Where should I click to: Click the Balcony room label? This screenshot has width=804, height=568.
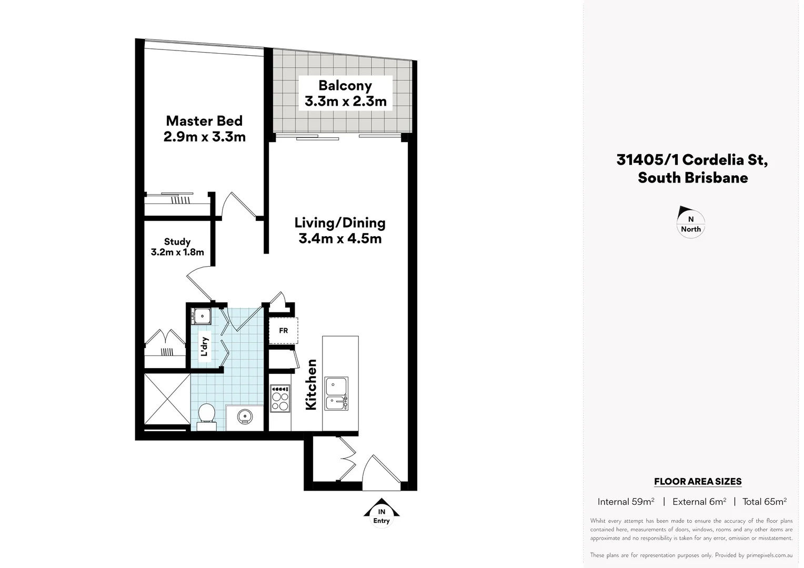(x=345, y=85)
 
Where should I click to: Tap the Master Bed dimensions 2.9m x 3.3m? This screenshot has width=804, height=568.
(x=204, y=137)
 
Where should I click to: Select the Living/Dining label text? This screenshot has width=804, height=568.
(x=340, y=223)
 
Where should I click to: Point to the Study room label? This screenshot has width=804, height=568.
(x=177, y=242)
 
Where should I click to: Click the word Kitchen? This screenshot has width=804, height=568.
(x=311, y=384)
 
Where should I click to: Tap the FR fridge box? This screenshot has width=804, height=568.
(x=283, y=331)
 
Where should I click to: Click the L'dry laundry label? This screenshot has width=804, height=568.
(x=205, y=347)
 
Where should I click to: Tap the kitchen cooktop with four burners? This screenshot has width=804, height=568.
(x=279, y=399)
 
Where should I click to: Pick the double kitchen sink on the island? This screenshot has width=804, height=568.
(x=336, y=393)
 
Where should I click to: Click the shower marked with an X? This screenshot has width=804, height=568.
(x=167, y=398)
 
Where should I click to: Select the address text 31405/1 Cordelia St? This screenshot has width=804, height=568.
(x=692, y=159)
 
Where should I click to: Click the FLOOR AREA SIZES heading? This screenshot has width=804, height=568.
(x=697, y=481)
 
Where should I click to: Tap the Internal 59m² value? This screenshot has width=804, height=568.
(x=626, y=502)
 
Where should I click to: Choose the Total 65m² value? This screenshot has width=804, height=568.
(x=764, y=502)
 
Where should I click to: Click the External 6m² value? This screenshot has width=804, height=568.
(x=699, y=502)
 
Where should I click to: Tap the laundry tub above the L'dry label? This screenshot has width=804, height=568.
(x=201, y=316)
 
